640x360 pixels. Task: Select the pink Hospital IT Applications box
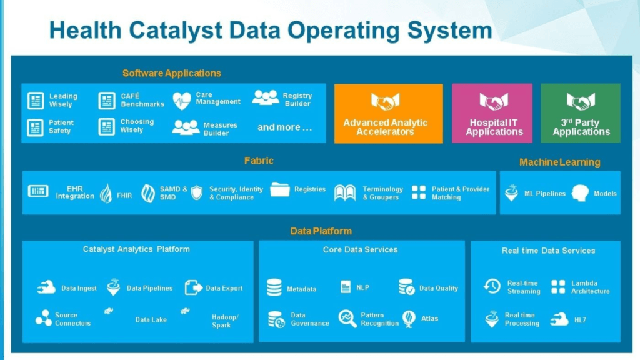tap(492, 114)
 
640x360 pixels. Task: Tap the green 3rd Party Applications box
tap(581, 114)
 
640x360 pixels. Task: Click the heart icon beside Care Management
tap(182, 100)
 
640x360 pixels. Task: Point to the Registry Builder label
tap(297, 100)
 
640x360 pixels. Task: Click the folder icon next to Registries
tap(280, 189)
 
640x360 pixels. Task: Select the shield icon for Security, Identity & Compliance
tap(197, 192)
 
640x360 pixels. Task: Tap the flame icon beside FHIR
tap(106, 194)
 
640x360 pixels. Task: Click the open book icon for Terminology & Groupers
tap(345, 192)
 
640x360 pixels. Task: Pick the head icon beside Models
tap(580, 193)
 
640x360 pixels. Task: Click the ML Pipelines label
tap(544, 194)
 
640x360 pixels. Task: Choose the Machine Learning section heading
tap(559, 162)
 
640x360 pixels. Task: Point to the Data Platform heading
tap(321, 231)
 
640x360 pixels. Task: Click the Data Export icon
tap(194, 287)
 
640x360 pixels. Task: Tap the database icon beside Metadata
tap(274, 287)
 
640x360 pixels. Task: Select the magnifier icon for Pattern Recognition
tap(347, 319)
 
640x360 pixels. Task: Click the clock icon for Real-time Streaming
tap(492, 286)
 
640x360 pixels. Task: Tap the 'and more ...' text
tap(284, 127)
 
